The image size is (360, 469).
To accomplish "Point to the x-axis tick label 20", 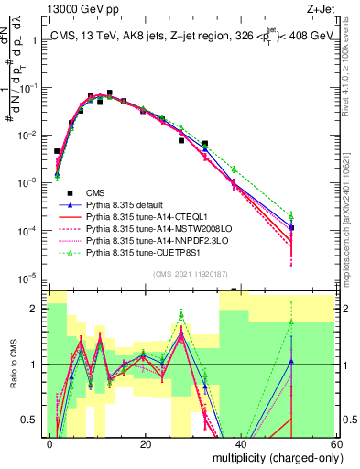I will [144, 444].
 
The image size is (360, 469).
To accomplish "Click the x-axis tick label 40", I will [240, 444].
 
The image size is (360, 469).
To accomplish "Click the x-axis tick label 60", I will [336, 444].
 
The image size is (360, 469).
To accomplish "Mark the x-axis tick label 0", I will [49, 444].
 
